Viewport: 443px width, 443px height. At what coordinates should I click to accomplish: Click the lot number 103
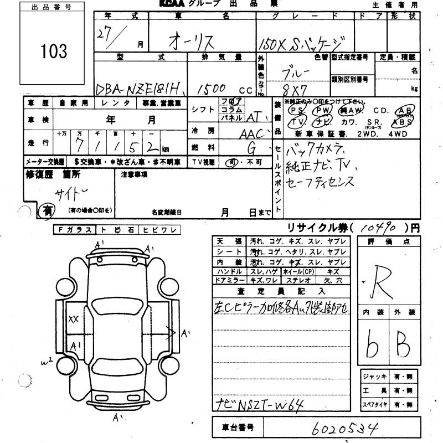pyautogui.click(x=54, y=52)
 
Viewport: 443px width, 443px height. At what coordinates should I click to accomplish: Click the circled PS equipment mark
pyautogui.click(x=296, y=110)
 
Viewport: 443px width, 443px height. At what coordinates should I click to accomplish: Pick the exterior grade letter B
pyautogui.click(x=403, y=346)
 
